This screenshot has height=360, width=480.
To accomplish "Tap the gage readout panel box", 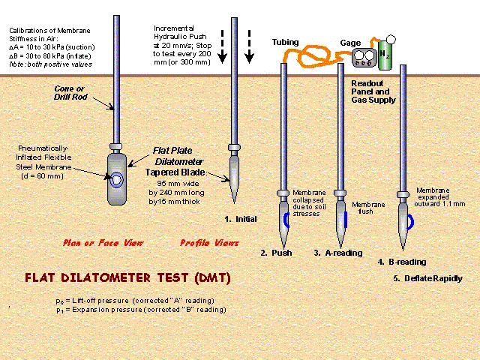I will click(366, 58).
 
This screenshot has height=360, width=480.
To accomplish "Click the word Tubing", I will click(285, 43).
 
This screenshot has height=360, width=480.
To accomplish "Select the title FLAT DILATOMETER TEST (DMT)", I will click(127, 277).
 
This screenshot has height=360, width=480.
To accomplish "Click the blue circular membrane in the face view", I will click(118, 181).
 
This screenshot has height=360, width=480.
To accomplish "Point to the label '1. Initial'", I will click(240, 219).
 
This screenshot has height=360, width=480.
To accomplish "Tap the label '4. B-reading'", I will click(403, 262).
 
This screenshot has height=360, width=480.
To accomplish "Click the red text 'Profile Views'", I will click(209, 243).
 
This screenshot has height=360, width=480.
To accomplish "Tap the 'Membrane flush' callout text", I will click(368, 208).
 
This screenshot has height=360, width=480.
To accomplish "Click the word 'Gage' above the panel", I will click(351, 43).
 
